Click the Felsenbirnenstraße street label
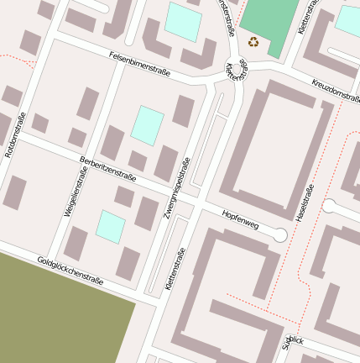pos(140,64)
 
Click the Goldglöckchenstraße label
pos(70,271)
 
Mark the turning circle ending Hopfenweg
pos(280,236)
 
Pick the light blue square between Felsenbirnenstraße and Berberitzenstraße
pos(148,125)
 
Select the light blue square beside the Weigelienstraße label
pos(110,226)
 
